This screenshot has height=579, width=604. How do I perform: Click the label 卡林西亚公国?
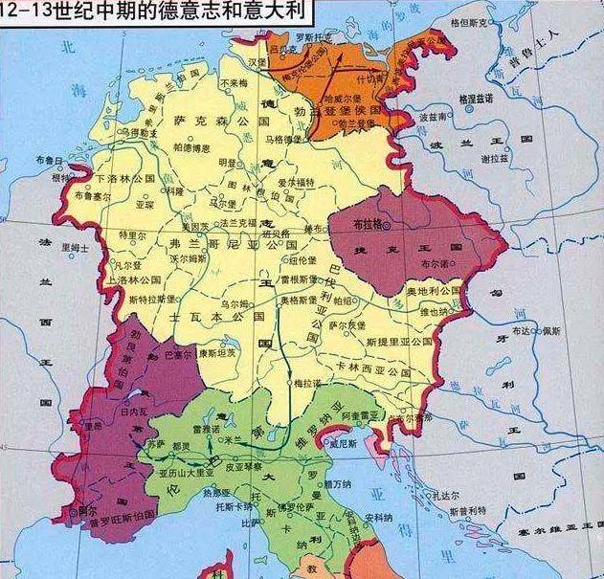point(373,367)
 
